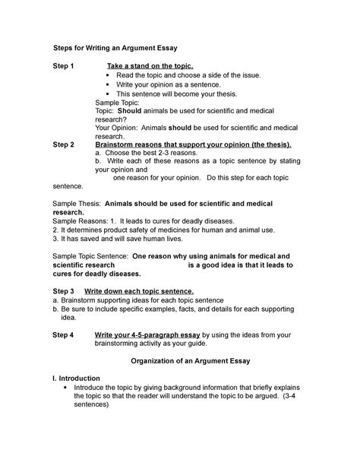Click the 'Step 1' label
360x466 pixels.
click(64, 67)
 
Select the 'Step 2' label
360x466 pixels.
click(64, 144)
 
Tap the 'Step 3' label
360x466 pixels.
click(64, 291)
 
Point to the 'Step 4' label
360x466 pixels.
click(64, 334)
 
